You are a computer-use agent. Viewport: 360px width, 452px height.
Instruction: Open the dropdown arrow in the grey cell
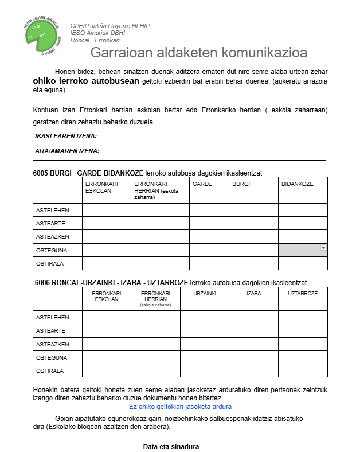tap(323, 248)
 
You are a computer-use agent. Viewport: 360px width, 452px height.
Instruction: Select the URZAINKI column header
tap(205, 294)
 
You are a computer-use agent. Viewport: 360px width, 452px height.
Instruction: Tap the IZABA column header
tap(254, 294)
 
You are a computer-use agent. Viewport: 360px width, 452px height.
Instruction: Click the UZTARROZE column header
tap(303, 294)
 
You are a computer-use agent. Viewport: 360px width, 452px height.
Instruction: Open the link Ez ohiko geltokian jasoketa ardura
tap(180, 407)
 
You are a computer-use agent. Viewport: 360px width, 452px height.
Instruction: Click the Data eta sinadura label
tap(171, 446)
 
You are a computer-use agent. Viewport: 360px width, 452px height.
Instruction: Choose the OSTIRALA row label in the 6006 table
tap(50, 371)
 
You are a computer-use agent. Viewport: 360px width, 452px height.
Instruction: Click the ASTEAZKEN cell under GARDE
tap(209, 236)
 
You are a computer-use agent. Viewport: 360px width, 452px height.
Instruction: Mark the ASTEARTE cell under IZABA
tap(254, 330)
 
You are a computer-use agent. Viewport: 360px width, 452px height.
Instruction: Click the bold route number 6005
tap(41, 172)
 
